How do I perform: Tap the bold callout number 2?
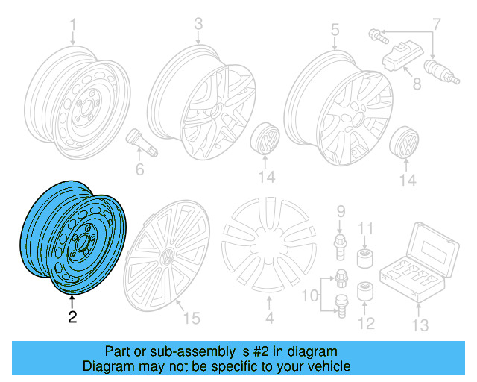tap(72, 317)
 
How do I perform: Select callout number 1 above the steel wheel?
tap(73, 31)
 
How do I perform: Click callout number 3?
tap(198, 25)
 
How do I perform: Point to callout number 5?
tap(335, 30)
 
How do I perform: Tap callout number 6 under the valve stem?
tap(139, 169)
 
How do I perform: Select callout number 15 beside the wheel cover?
tap(192, 319)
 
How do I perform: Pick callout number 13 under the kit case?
tap(420, 325)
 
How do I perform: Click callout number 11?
tap(366, 228)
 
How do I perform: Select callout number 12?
tap(366, 322)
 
